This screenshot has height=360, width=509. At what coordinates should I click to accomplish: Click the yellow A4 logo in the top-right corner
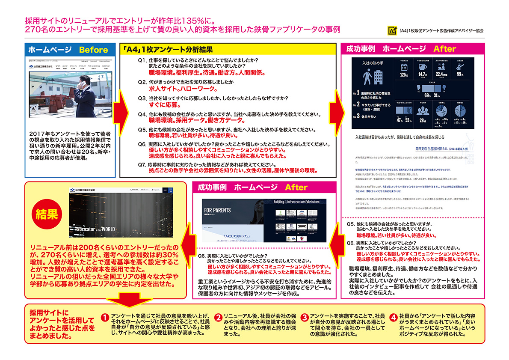coord(392,30)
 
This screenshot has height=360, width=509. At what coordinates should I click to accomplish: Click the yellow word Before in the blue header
coord(93,50)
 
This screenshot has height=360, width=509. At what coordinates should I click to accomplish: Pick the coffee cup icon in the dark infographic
coord(422,67)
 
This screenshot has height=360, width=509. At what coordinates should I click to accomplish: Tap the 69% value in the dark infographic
coord(426,95)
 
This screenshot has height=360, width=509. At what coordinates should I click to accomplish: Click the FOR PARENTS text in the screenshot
coord(218,211)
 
